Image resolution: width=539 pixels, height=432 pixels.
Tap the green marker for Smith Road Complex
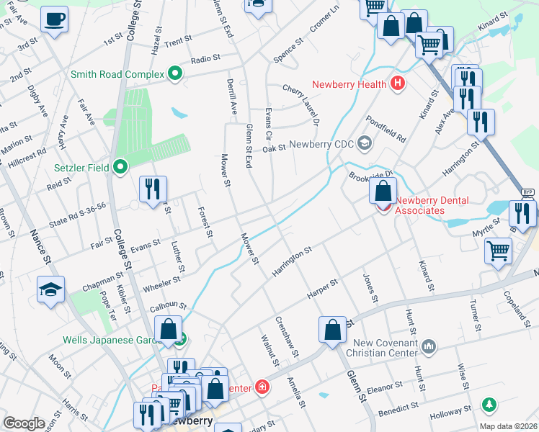click(174, 73)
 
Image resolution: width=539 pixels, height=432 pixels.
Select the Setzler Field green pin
click(120, 168)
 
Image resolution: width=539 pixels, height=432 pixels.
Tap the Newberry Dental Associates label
click(420, 205)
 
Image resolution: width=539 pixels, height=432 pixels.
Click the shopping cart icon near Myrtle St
click(499, 252)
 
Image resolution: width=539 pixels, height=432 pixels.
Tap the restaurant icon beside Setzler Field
click(153, 189)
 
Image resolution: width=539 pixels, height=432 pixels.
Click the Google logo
click(24, 423)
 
